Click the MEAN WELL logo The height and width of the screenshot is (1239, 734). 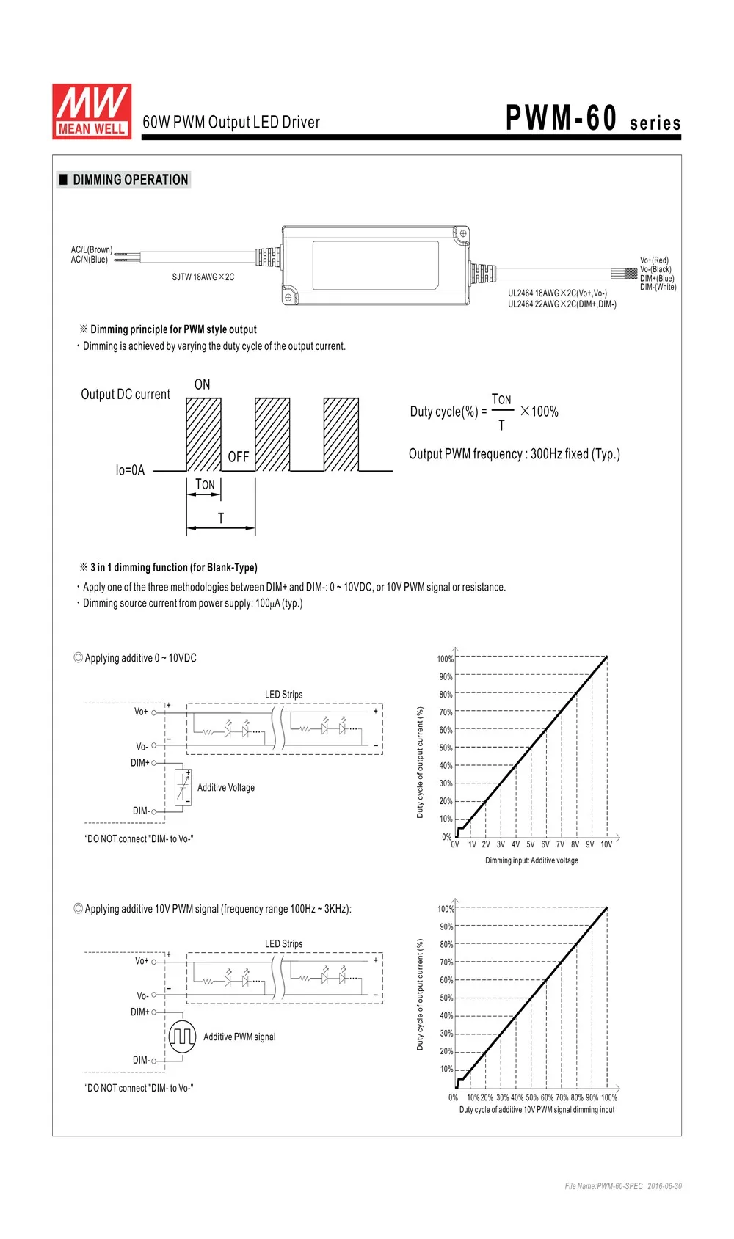92,111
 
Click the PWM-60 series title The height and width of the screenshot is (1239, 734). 593,119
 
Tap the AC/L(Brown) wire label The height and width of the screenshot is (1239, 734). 92,250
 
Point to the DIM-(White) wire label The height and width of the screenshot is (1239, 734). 658,287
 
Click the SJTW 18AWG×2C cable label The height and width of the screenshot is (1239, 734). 203,277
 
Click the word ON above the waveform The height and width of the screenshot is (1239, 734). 203,384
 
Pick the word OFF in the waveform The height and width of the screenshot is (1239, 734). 239,457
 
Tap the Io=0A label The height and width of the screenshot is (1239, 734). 130,470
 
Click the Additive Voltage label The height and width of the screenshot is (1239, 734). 226,788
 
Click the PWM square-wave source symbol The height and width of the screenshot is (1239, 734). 182,1037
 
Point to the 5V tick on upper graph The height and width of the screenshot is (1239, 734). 531,844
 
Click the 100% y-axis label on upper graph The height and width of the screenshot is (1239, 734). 445,659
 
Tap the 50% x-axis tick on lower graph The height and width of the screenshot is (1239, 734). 532,1097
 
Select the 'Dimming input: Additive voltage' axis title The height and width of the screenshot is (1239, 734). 531,860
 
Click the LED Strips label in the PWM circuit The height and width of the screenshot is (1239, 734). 283,944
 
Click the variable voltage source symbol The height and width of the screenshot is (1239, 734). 183,787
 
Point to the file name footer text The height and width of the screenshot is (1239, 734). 623,1186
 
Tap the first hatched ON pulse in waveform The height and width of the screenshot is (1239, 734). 203,435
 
